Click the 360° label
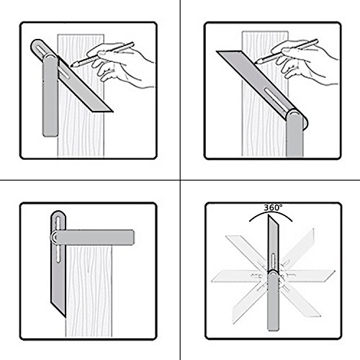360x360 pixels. pyautogui.click(x=273, y=207)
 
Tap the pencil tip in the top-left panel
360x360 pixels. pyautogui.click(x=71, y=66)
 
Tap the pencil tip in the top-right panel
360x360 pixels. pyautogui.click(x=256, y=63)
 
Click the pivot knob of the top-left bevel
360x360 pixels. pyautogui.click(x=50, y=58)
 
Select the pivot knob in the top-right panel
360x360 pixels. pyautogui.click(x=294, y=114)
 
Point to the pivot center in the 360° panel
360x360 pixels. pyautogui.click(x=274, y=274)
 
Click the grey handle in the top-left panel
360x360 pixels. pyautogui.click(x=50, y=96)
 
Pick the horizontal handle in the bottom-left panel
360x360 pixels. pyautogui.click(x=94, y=238)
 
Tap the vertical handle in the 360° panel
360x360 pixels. pyautogui.click(x=274, y=302)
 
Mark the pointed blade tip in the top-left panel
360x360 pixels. pyautogui.click(x=112, y=112)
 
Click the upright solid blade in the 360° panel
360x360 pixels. pyautogui.click(x=274, y=243)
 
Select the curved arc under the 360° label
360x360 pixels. pyautogui.click(x=271, y=212)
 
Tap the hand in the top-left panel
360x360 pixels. pyautogui.click(x=121, y=65)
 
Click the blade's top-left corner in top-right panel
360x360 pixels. pyautogui.click(x=217, y=51)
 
